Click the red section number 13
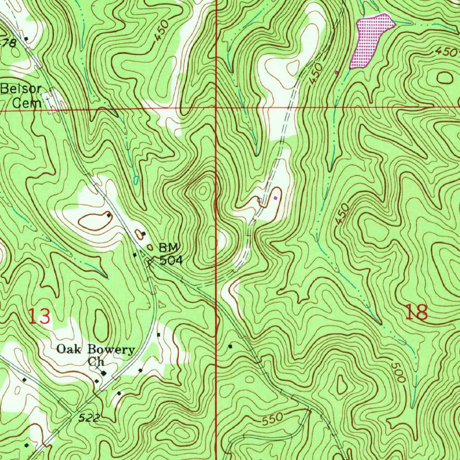click(x=39, y=316)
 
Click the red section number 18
click(x=416, y=312)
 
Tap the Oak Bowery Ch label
click(x=96, y=355)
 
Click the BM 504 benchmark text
click(x=169, y=253)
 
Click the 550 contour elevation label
click(x=273, y=419)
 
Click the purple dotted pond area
click(x=370, y=40)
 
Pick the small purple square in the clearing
click(x=275, y=197)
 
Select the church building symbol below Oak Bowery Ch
click(x=104, y=373)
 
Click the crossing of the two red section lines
click(x=216, y=109)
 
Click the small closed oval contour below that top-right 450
click(x=444, y=78)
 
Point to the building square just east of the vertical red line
click(x=231, y=346)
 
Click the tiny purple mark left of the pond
click(x=337, y=72)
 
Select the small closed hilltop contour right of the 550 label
click(x=342, y=385)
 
